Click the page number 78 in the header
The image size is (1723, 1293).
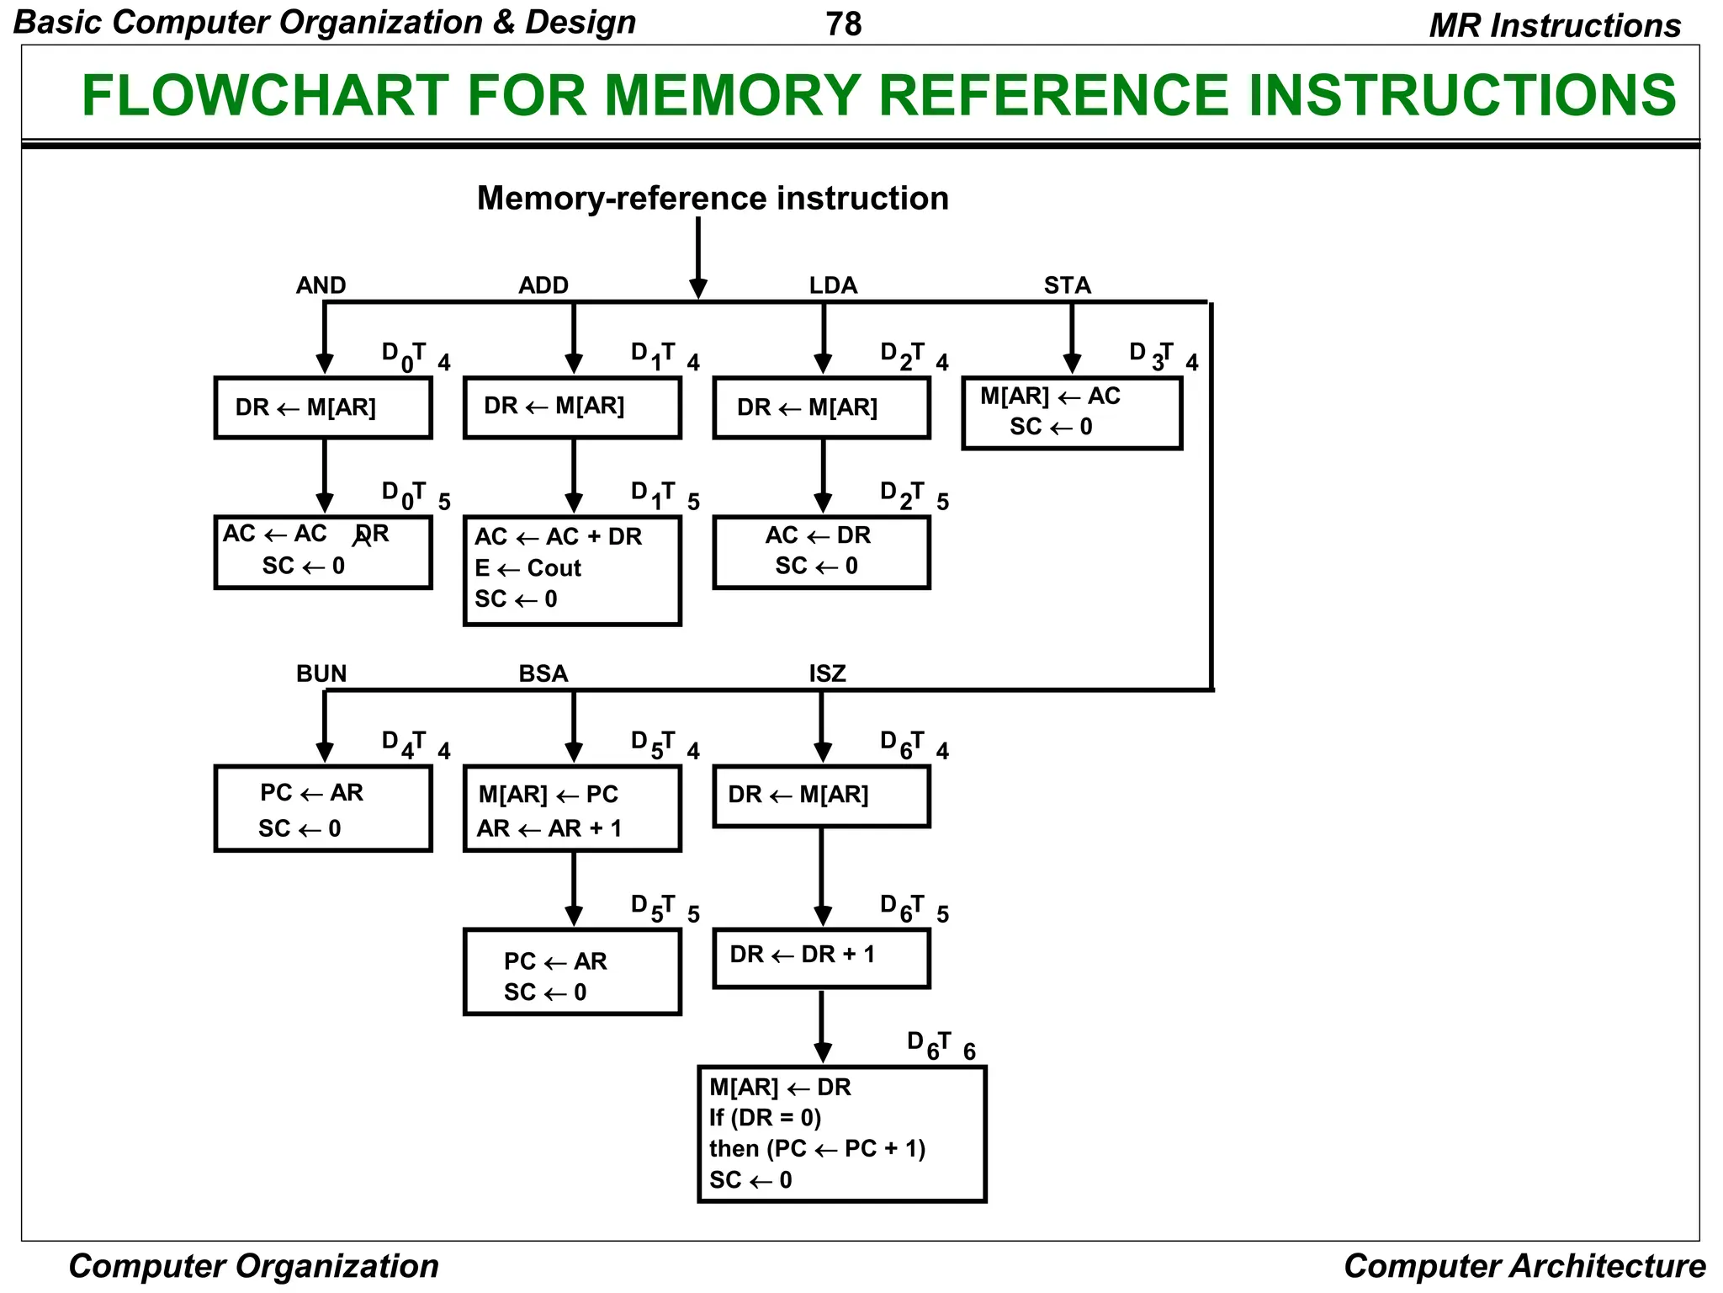(843, 24)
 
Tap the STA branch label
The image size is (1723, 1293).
(1067, 285)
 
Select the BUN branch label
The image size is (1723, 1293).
(321, 673)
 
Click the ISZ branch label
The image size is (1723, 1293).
(827, 673)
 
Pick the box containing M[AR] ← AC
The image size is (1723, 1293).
(1072, 412)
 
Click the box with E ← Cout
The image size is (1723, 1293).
(572, 570)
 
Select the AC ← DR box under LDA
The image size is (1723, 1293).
(821, 551)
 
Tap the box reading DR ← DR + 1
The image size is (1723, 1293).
(821, 957)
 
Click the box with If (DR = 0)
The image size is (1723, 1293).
(841, 1133)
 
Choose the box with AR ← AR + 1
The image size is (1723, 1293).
(572, 808)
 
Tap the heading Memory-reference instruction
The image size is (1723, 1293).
(713, 199)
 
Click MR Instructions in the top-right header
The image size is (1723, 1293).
(1554, 25)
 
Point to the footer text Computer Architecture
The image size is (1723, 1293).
(1524, 1265)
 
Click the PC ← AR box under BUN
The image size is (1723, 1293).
(323, 808)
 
